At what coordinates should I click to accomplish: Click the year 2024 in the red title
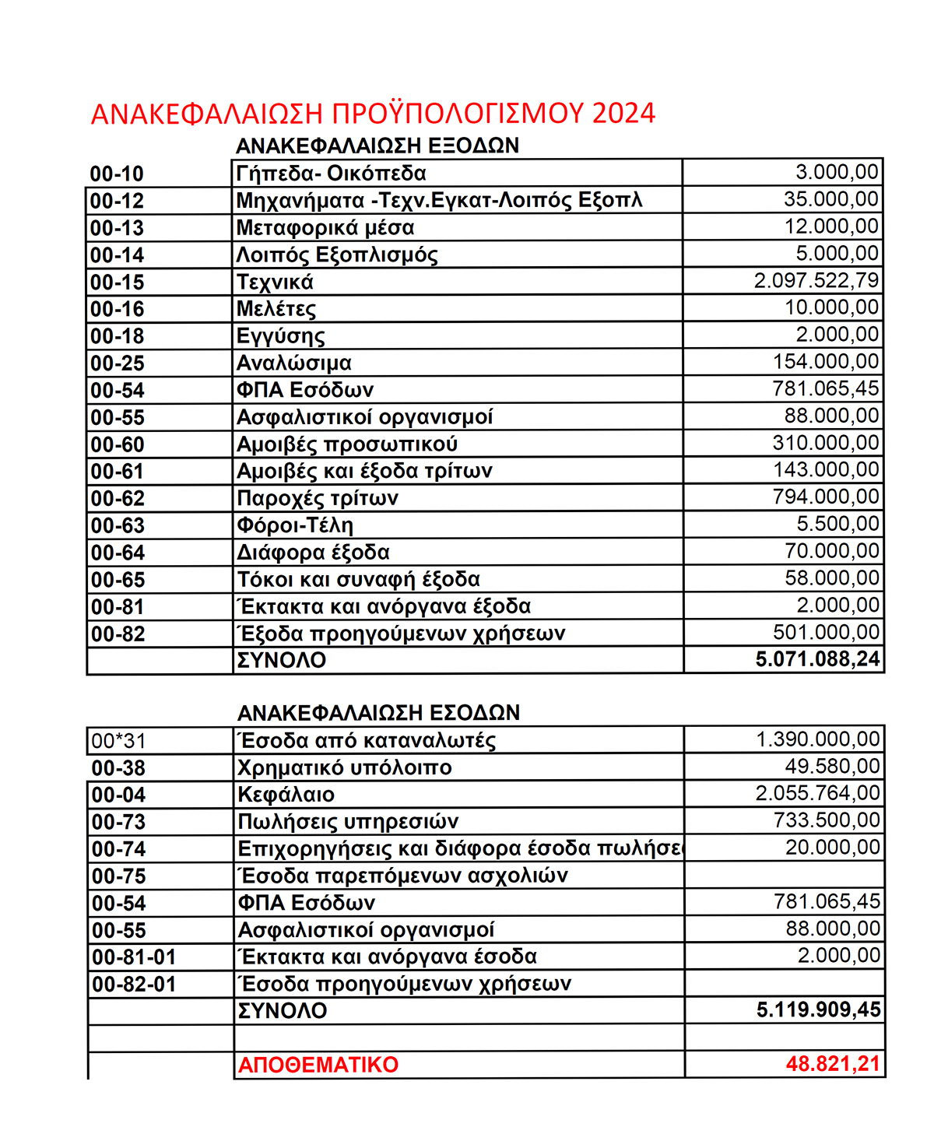(x=623, y=114)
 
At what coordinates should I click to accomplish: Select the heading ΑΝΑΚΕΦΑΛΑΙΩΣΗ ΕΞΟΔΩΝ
(x=377, y=146)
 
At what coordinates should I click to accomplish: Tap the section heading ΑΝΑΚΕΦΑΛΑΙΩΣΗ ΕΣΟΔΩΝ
(x=378, y=713)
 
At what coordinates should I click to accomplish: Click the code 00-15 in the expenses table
(x=118, y=283)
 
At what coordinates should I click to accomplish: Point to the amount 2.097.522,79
(x=816, y=280)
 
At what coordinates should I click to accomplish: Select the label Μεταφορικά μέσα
(x=325, y=228)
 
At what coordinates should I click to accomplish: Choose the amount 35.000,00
(x=831, y=199)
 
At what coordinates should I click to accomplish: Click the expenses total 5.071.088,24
(x=817, y=660)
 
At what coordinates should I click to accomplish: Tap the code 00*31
(x=118, y=741)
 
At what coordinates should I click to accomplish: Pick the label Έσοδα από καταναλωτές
(x=367, y=740)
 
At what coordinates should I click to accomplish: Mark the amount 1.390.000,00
(x=818, y=739)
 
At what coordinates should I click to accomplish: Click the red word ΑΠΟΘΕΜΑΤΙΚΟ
(x=318, y=1065)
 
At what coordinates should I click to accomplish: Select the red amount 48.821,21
(x=833, y=1064)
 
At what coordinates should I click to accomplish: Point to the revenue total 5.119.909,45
(x=818, y=1010)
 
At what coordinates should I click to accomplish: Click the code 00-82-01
(x=134, y=985)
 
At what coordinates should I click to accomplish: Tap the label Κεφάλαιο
(x=286, y=795)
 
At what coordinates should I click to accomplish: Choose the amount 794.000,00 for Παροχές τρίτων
(x=826, y=497)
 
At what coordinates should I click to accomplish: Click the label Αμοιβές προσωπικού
(x=347, y=444)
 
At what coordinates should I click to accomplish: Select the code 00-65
(x=118, y=580)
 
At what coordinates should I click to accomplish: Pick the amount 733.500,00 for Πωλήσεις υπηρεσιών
(x=827, y=820)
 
